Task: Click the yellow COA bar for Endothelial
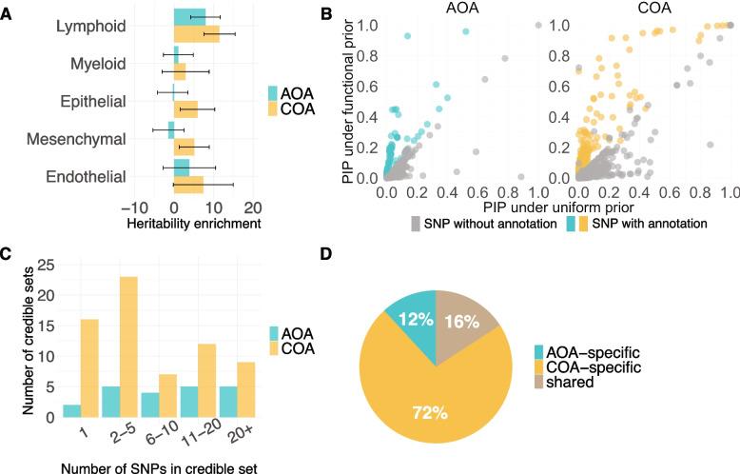pos(188,185)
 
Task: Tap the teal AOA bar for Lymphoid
pos(189,16)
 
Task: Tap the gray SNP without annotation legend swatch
pos(417,223)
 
